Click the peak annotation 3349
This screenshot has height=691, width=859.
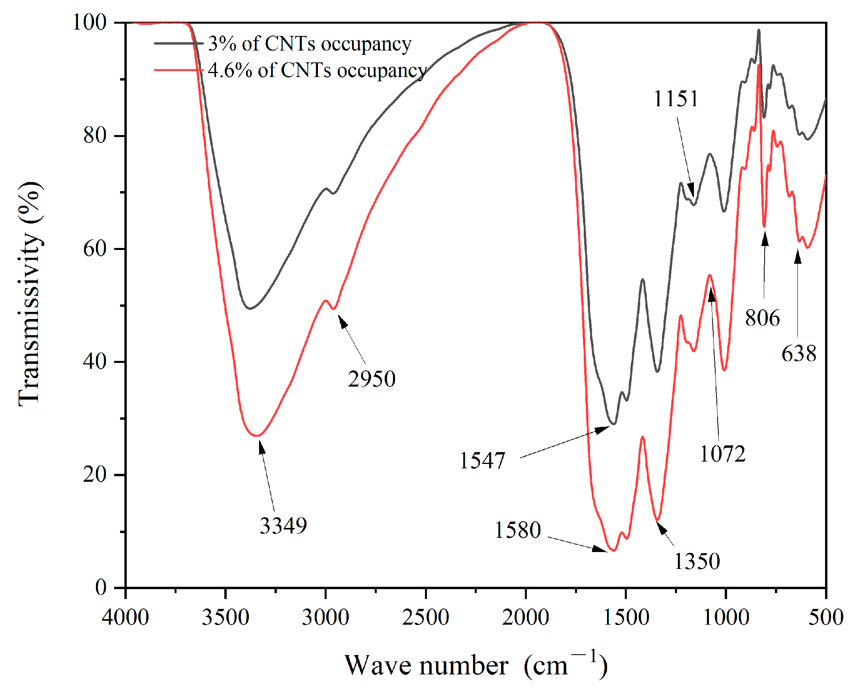click(283, 526)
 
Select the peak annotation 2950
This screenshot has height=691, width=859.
click(371, 378)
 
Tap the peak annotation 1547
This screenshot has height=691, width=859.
click(482, 461)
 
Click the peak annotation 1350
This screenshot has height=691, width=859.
click(697, 561)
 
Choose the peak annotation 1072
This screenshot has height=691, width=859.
click(722, 454)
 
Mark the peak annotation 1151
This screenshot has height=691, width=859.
click(676, 99)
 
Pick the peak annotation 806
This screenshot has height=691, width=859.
click(762, 318)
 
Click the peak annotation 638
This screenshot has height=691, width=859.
click(799, 354)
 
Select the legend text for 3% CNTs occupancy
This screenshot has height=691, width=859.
click(310, 43)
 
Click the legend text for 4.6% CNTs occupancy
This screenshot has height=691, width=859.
click(317, 71)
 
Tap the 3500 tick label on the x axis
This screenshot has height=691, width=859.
click(226, 617)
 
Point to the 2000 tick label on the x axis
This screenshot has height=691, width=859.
click(526, 617)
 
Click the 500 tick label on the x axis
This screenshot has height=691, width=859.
click(825, 617)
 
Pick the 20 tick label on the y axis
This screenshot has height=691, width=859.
click(95, 474)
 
